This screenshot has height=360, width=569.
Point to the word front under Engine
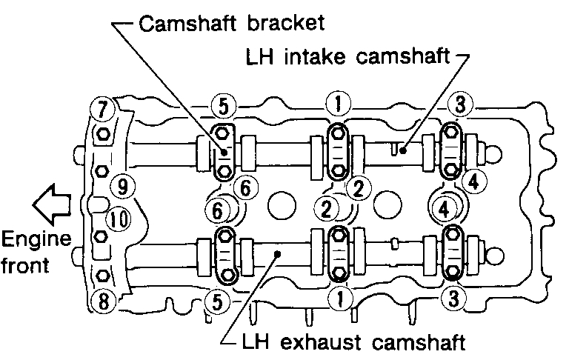26,264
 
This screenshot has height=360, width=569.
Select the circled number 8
102,301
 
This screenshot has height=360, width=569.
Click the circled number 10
116,218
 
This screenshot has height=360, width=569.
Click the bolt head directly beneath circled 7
104,135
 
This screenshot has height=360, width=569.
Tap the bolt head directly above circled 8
104,276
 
